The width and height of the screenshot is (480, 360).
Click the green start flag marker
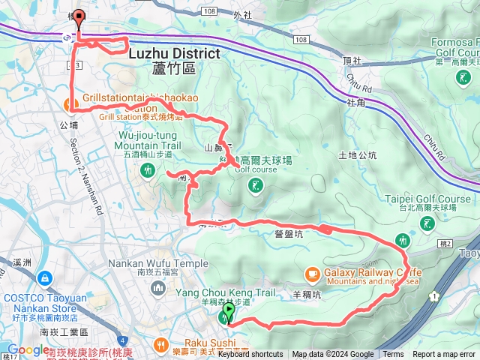[229, 310]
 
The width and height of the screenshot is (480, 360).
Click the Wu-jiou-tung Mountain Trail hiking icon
[147, 170]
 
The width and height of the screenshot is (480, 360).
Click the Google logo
[27, 350]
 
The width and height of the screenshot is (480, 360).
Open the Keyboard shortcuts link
[250, 355]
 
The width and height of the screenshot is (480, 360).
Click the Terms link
[393, 355]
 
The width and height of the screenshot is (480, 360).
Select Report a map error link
[445, 355]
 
